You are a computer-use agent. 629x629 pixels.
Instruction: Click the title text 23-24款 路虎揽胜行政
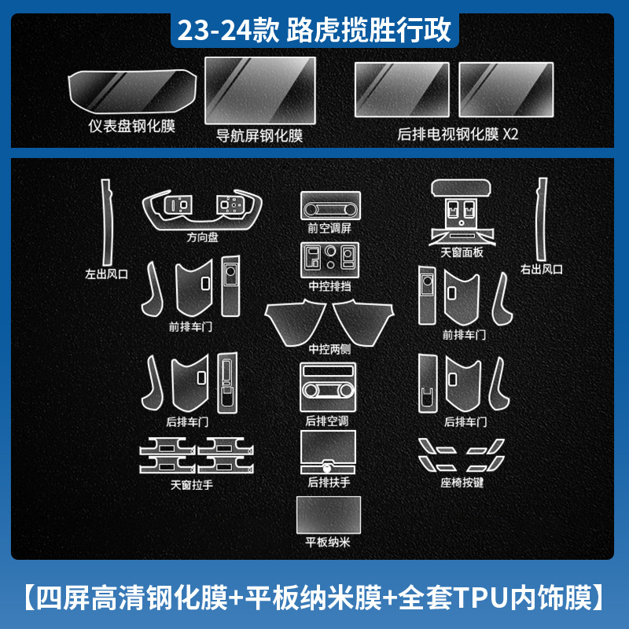pos(314,31)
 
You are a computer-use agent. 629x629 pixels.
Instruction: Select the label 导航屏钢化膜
pos(259,135)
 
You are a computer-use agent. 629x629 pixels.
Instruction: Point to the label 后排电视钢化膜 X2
pos(458,134)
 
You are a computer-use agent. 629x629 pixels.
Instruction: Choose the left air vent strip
pos(105,221)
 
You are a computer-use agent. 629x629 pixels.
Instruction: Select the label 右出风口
pos(542,270)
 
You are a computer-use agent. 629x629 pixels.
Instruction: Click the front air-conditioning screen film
pos(329,207)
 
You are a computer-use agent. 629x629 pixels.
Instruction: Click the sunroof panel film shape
pos(462,208)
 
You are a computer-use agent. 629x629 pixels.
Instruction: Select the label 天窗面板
pos(462,252)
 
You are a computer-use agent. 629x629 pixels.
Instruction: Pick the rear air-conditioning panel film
pos(328,386)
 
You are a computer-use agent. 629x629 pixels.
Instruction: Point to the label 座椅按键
pos(462,482)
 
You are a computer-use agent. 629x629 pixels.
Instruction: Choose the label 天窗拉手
pos(192,484)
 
